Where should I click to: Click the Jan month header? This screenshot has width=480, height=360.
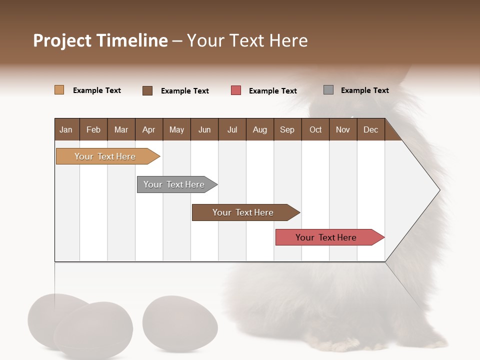(x=66, y=130)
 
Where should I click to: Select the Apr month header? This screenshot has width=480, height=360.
(x=148, y=130)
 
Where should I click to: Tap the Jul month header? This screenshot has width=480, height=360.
(x=232, y=130)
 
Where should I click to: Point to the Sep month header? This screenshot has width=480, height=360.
(x=287, y=130)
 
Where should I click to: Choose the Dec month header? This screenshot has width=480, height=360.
(x=370, y=130)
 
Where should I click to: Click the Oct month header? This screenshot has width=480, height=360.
(x=315, y=130)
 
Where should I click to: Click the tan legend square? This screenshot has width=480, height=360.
(x=59, y=90)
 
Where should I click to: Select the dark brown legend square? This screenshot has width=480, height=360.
(x=147, y=90)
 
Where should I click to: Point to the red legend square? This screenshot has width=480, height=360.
(x=236, y=90)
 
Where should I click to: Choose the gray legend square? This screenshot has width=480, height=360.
(x=328, y=90)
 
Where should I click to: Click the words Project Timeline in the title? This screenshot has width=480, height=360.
(x=100, y=40)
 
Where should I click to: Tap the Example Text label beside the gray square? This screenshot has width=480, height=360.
(x=364, y=90)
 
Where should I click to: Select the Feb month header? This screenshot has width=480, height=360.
(x=93, y=130)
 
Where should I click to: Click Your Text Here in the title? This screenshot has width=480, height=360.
(x=247, y=40)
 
